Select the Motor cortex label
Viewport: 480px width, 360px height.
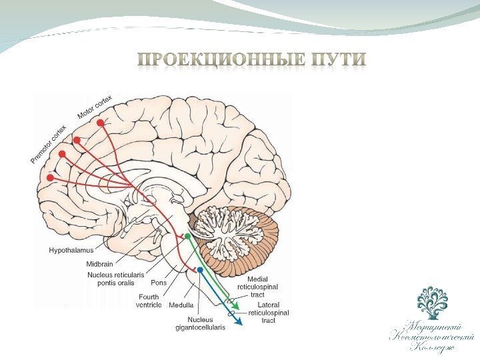tap(95, 107)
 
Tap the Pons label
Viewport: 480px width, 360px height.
tap(159, 283)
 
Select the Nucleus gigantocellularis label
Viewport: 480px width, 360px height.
tap(199, 323)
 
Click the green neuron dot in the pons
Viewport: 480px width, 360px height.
tap(187, 237)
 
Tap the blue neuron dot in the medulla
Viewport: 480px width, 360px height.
tap(199, 269)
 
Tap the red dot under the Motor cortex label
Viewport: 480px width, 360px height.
tap(101, 123)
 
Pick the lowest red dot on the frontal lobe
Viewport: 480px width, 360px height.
tap(49, 178)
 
